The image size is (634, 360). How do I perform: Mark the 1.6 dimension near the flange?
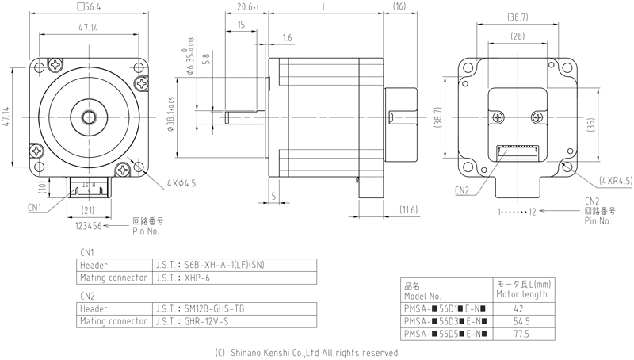pyautogui.click(x=286, y=37)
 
